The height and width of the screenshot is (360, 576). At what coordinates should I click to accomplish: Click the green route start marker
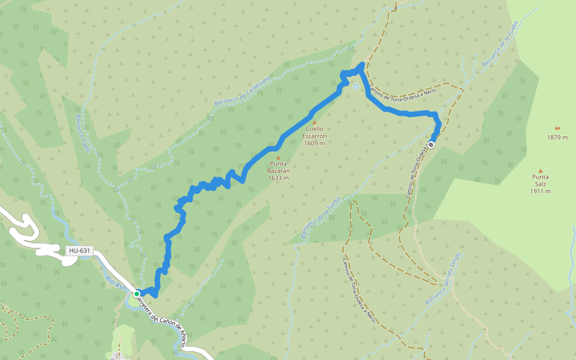pos(137,293)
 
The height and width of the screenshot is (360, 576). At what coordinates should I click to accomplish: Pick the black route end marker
pos(431,144)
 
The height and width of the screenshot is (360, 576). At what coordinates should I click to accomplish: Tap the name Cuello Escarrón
pos(314,132)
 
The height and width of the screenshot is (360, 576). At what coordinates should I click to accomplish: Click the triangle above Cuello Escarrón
pos(314,122)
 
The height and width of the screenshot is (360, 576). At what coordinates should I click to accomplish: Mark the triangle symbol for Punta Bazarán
pos(278,157)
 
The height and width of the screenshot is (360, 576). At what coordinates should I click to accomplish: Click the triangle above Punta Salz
pos(540,170)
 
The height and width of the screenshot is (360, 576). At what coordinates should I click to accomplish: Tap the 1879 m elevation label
pos(557,137)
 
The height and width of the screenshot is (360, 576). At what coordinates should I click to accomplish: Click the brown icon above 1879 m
pos(557,128)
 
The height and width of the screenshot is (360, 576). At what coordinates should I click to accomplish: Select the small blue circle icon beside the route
pos(355,86)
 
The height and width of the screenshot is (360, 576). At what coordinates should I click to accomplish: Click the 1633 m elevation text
pos(278,178)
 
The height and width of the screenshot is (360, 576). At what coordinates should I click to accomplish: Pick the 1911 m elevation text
pos(540,191)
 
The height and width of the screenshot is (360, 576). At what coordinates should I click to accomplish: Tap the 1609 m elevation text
pos(314,143)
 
